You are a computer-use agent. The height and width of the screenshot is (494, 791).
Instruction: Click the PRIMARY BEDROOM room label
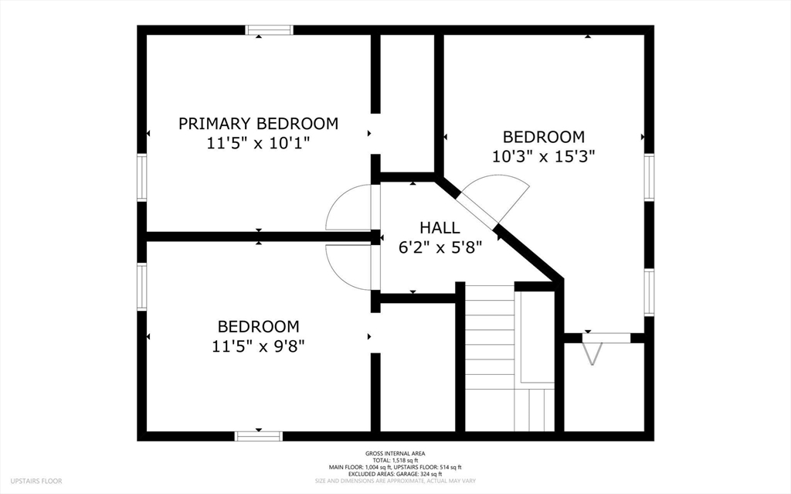(258, 123)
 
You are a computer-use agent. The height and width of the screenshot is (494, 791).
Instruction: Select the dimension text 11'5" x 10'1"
(258, 144)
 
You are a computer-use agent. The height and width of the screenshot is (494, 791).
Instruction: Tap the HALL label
(440, 228)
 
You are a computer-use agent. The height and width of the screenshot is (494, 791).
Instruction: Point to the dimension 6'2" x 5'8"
(440, 247)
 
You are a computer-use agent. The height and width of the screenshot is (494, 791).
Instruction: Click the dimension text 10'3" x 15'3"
(544, 157)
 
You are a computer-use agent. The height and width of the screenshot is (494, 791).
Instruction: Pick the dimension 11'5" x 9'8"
(258, 346)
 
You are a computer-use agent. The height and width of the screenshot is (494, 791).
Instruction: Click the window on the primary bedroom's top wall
(270, 30)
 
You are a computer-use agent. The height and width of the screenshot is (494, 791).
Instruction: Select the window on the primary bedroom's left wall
(142, 178)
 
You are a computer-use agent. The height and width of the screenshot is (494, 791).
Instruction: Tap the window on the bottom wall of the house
(258, 436)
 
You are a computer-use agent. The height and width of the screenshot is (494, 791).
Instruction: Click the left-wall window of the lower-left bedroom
(142, 286)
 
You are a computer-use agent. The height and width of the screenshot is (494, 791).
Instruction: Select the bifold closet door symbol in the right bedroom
(592, 353)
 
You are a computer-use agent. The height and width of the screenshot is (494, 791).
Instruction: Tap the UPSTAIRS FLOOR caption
(36, 481)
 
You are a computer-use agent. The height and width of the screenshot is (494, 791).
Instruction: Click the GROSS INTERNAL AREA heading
(395, 454)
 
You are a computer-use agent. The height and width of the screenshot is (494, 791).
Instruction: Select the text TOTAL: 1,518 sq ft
(395, 461)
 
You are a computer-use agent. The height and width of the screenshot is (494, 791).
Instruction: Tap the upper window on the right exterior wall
(649, 178)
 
